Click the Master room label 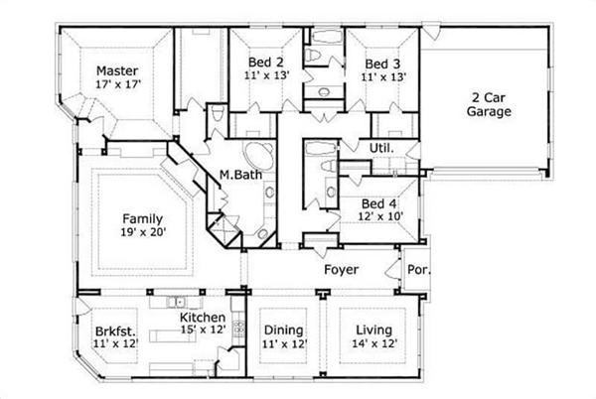click(x=116, y=71)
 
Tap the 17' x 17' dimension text click(x=116, y=85)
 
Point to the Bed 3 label click(x=381, y=60)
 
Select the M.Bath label click(x=239, y=176)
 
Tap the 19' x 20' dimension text click(x=143, y=233)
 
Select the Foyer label click(x=341, y=269)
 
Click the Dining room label click(x=283, y=331)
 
